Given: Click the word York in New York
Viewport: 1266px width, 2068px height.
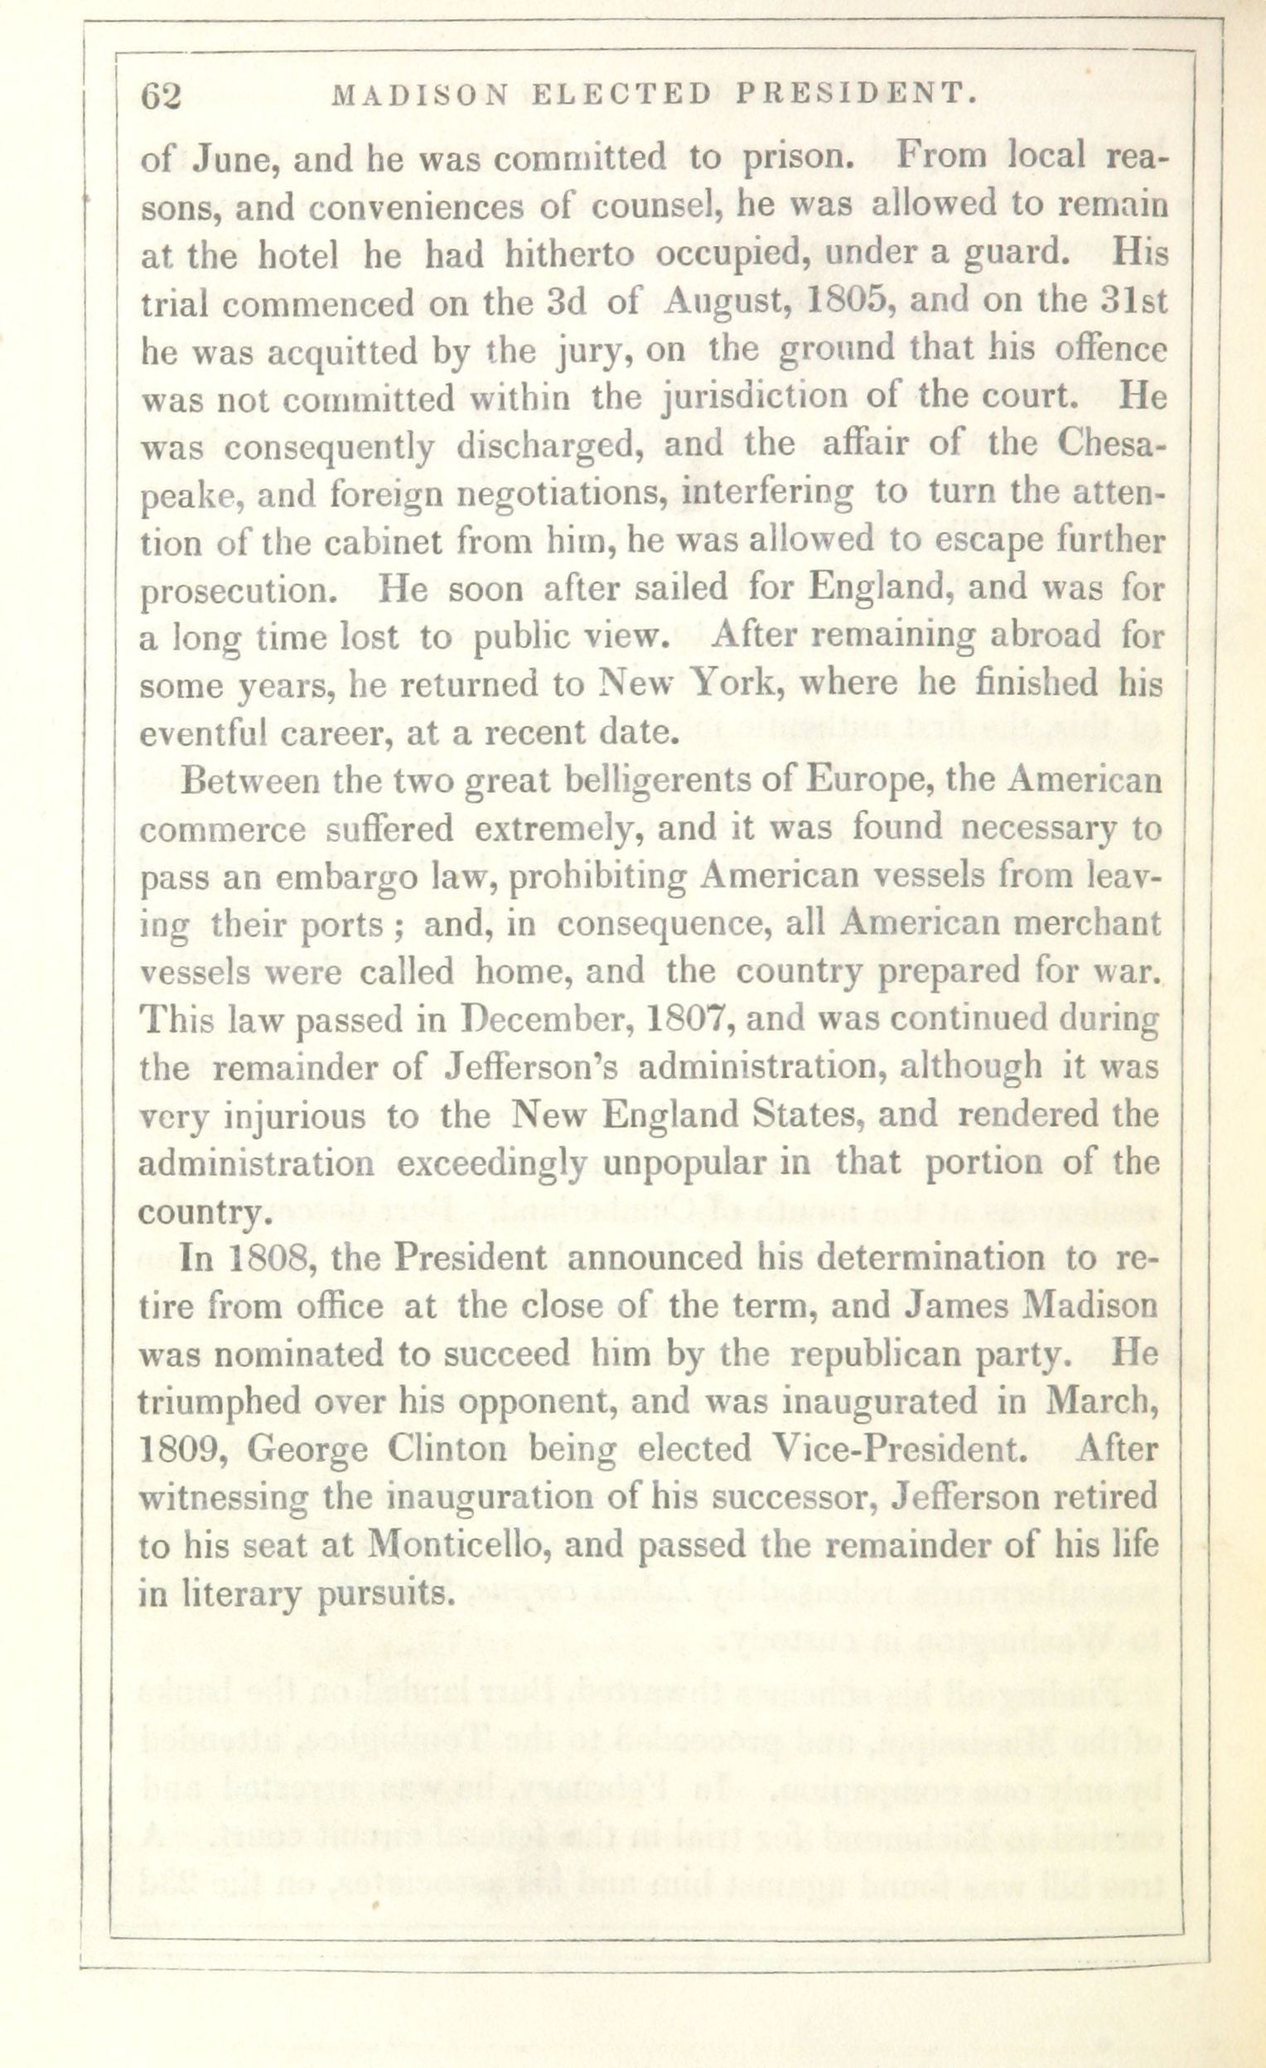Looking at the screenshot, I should pos(737,685).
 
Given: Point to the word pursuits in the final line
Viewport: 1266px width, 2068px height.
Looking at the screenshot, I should pos(385,1595).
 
